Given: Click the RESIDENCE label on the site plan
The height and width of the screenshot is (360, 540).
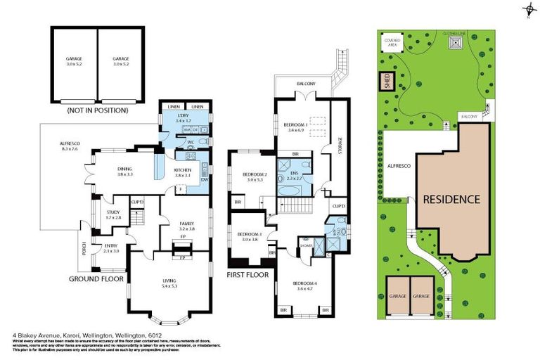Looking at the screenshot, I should pyautogui.click(x=451, y=199).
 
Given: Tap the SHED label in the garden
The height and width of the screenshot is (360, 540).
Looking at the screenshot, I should pyautogui.click(x=386, y=82).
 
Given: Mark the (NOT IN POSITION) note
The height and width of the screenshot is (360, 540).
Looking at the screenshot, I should pyautogui.click(x=97, y=110).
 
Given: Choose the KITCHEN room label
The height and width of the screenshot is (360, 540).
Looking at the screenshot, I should pyautogui.click(x=184, y=172).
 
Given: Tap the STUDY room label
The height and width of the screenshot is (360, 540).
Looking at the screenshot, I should pyautogui.click(x=113, y=214).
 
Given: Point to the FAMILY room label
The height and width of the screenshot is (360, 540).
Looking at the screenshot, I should pyautogui.click(x=186, y=226).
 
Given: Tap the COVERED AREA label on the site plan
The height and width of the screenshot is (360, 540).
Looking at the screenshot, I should pyautogui.click(x=392, y=42).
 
